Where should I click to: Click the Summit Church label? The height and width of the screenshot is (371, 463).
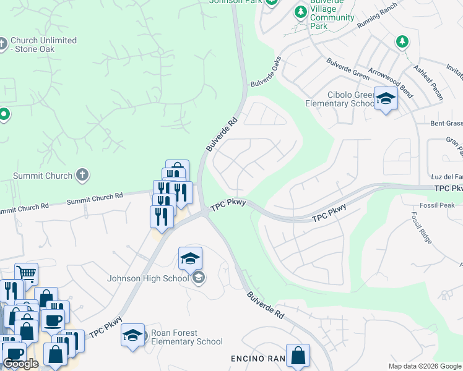click(x=42, y=176)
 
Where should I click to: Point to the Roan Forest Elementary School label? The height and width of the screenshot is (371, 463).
click(x=187, y=337)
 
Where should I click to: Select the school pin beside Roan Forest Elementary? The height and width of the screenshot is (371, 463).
click(x=132, y=336)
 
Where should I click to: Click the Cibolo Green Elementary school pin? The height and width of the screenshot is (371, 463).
click(x=386, y=99)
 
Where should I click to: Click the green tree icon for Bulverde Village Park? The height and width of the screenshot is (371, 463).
click(x=300, y=12)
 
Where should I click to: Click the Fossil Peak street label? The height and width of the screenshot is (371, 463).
click(x=437, y=205)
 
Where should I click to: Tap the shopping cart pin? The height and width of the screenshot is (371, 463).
click(x=26, y=273)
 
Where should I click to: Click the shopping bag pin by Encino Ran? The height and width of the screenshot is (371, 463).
click(x=298, y=356)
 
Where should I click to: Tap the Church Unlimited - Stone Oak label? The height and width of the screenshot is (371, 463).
click(x=43, y=45)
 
